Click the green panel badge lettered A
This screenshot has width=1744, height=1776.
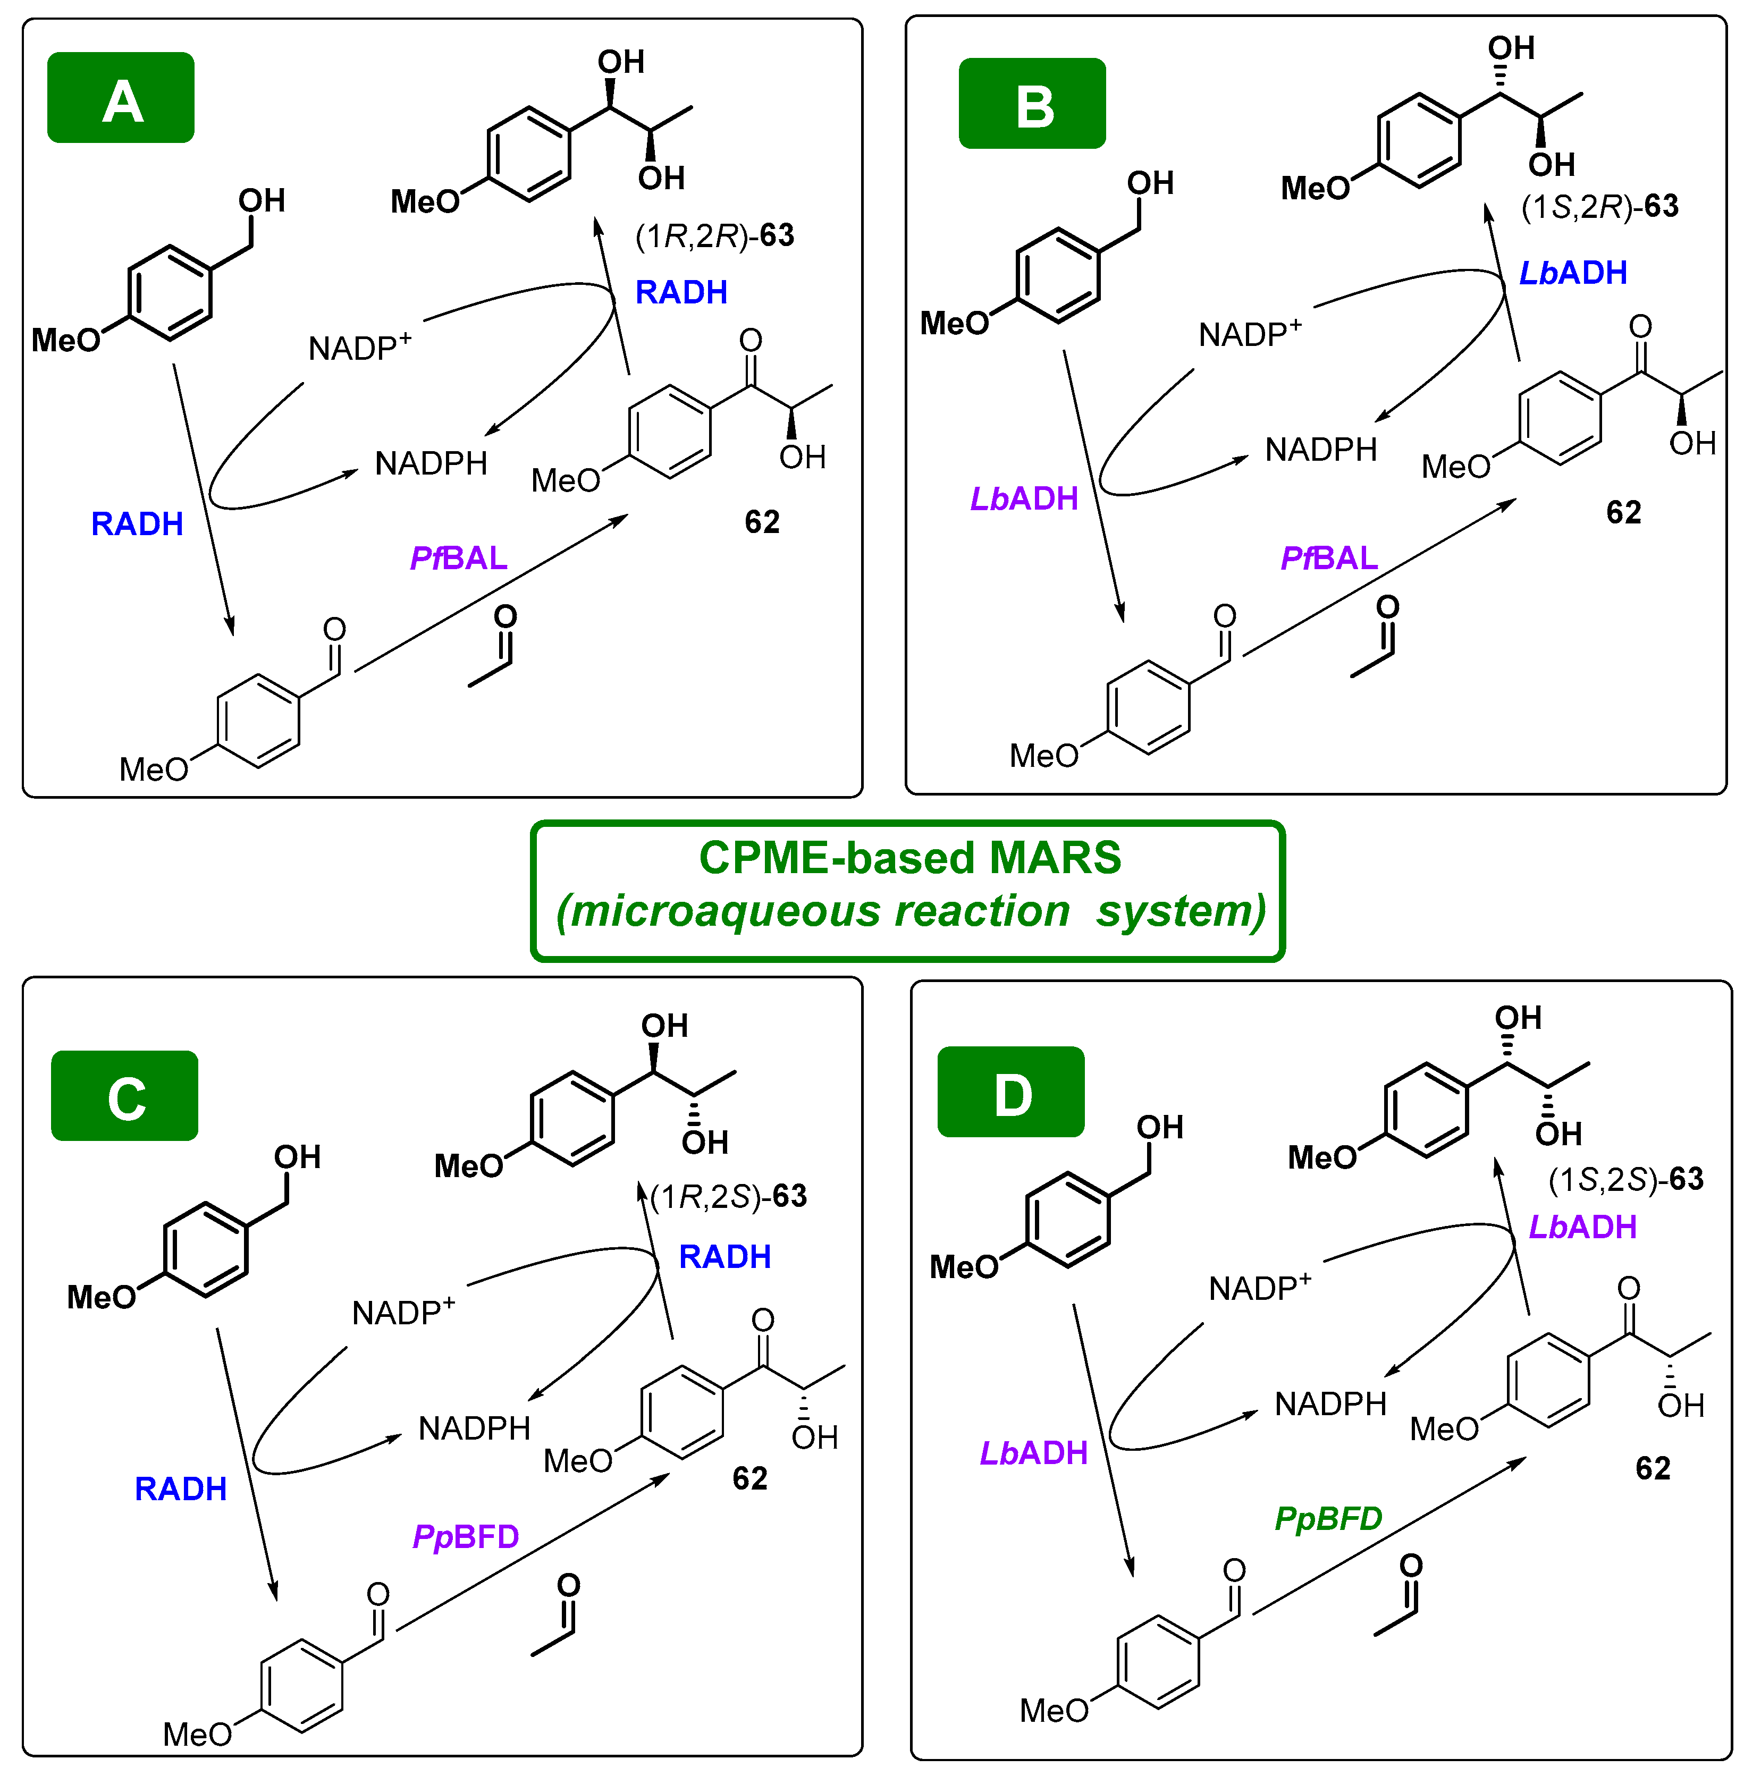tap(121, 98)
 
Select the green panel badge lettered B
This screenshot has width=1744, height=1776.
tap(1032, 104)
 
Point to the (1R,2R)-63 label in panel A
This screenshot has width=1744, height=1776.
tap(714, 236)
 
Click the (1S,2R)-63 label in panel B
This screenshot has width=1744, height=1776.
tap(1599, 207)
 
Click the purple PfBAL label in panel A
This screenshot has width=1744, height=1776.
tap(458, 558)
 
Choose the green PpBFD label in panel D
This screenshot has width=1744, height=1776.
tap(1328, 1519)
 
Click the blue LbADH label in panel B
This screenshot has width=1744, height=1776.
tap(1573, 273)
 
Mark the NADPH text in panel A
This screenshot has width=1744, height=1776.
tap(431, 463)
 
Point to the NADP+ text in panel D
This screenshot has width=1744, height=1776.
tap(1259, 1288)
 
